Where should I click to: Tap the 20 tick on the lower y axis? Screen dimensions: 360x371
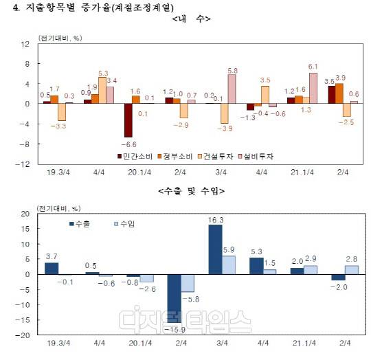(x=25, y=214)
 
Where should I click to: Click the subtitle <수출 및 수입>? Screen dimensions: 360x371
(x=190, y=190)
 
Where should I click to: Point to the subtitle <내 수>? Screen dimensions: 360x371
(x=190, y=19)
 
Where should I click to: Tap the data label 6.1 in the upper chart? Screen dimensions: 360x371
(x=313, y=67)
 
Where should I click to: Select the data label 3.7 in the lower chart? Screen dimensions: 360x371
(x=51, y=256)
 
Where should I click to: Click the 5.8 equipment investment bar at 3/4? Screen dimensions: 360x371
(x=232, y=89)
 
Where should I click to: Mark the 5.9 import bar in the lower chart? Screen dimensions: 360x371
(x=229, y=265)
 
